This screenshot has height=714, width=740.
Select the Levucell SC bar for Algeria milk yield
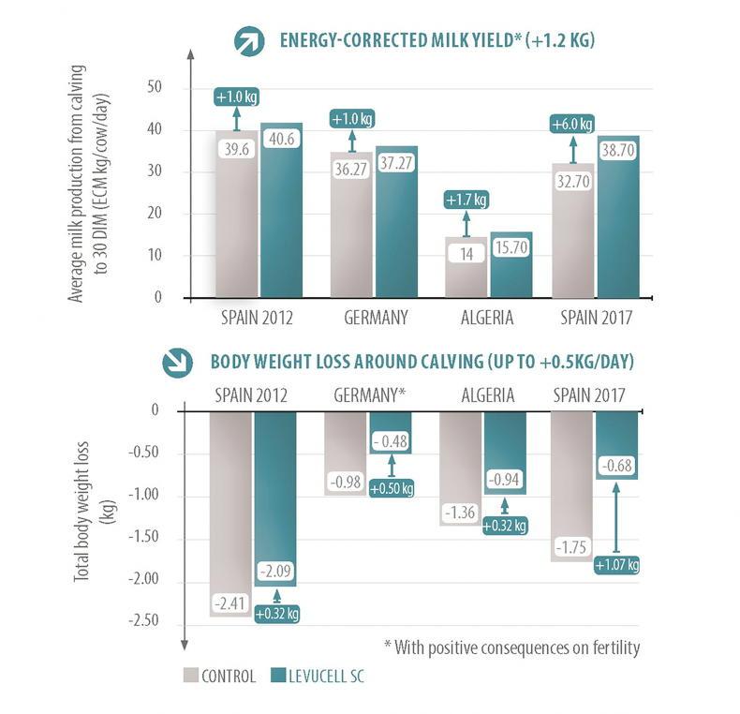[511, 265]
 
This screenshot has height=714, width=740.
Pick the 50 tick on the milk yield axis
[155, 87]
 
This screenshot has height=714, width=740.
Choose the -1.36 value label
[460, 513]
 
